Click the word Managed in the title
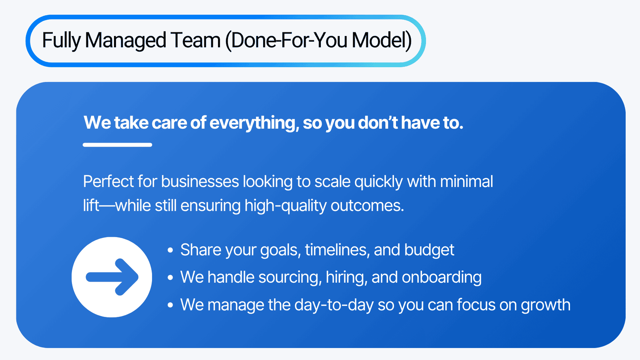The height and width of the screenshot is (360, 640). tap(126, 40)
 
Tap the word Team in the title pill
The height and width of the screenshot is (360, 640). tap(196, 40)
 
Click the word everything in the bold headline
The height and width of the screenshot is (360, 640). tap(254, 123)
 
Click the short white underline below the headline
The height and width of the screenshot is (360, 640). tap(118, 145)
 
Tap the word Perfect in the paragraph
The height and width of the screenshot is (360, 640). tap(108, 182)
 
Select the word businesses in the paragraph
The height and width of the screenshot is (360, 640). tap(200, 182)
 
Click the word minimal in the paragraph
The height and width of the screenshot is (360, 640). tap(466, 182)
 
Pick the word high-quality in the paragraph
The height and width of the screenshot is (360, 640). tap(286, 206)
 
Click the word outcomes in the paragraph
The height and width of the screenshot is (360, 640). tap(367, 206)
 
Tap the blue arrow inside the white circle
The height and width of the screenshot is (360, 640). tap(112, 277)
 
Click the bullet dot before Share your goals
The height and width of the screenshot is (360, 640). tap(170, 250)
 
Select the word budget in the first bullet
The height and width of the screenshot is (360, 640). tap(429, 250)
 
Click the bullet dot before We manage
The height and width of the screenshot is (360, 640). tap(170, 305)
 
